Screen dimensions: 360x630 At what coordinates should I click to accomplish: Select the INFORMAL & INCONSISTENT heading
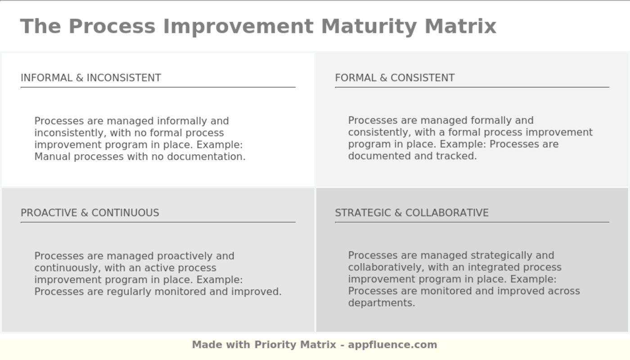coord(91,78)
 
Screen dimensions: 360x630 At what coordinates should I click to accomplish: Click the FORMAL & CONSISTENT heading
coord(395,78)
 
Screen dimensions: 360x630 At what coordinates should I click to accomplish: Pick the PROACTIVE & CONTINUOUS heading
coord(90,213)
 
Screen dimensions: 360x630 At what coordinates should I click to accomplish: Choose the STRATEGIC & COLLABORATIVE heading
coord(412,213)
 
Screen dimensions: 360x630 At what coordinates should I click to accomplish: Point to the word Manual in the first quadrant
coord(53,157)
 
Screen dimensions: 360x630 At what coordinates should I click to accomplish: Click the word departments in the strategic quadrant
coord(381,303)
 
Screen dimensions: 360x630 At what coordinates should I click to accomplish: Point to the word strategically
coord(491,256)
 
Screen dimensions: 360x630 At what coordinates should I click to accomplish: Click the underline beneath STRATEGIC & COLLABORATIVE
coord(472,222)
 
